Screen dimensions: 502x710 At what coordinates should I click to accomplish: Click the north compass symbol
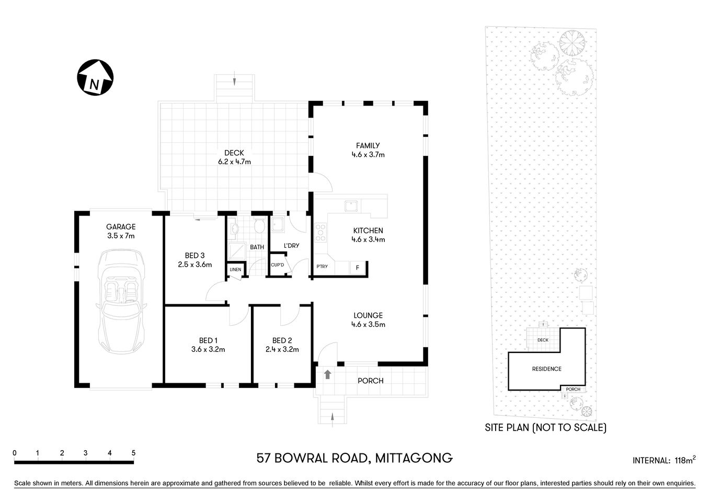(95, 78)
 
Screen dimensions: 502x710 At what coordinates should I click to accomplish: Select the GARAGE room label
(121, 227)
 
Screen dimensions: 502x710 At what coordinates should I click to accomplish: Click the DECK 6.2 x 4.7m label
(234, 157)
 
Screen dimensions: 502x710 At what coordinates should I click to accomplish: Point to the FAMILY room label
(368, 146)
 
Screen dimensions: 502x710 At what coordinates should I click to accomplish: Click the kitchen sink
(350, 206)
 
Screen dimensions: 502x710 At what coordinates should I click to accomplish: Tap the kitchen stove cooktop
(320, 232)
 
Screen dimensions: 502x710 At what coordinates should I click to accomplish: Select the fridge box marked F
(358, 267)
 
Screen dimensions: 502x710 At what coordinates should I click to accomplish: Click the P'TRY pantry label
(322, 267)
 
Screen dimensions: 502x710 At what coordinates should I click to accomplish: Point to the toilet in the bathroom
(258, 226)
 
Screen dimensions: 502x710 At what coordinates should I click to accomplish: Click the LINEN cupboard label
(235, 269)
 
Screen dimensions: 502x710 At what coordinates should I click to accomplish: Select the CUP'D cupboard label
(277, 265)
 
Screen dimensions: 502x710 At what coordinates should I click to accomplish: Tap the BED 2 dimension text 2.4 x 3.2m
(282, 349)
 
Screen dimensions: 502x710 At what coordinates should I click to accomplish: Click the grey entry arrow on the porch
(328, 374)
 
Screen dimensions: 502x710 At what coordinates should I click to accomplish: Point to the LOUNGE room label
(368, 315)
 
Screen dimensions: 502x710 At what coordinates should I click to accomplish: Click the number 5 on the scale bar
(134, 453)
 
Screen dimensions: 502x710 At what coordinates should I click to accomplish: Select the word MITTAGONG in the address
(413, 459)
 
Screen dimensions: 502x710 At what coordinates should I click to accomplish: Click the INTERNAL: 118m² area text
(663, 461)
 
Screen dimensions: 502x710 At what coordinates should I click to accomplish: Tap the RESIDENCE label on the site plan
(547, 369)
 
